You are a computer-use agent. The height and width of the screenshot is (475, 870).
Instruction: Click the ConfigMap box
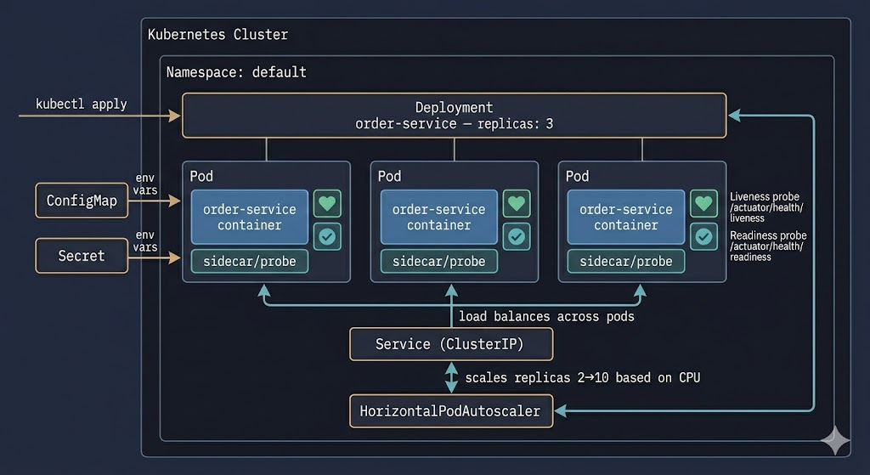82,201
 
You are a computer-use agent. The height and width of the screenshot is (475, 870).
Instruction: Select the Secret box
82,256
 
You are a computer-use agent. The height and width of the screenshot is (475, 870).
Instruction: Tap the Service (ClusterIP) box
451,344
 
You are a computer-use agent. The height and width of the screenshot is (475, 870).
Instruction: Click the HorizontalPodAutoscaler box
451,411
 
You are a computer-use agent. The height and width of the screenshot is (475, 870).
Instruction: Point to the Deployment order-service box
454,116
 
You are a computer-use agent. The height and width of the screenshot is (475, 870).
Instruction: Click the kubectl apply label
81,105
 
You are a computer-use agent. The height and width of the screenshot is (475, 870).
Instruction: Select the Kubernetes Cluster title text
217,34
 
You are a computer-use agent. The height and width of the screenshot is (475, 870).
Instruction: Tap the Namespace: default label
236,72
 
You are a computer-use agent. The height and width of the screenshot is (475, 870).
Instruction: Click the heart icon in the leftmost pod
327,204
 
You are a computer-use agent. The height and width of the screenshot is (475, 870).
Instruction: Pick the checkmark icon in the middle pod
517,237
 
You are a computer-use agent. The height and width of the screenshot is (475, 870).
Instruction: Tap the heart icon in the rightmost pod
703,204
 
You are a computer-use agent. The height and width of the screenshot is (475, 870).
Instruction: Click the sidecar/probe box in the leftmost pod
250,262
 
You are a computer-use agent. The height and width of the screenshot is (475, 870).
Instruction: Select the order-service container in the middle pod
439,217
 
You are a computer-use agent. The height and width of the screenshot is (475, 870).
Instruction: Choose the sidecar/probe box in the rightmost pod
626,262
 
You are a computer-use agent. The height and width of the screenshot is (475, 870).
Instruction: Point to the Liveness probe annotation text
765,207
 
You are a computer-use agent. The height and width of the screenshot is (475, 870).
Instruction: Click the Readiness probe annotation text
768,246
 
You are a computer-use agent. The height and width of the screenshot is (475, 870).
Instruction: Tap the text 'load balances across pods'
546,317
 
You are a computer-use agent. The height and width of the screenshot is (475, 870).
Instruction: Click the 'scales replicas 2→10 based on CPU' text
583,378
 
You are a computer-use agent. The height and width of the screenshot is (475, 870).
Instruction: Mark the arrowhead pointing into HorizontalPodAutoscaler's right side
561,410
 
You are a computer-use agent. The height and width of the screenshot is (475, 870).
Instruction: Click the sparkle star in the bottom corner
835,441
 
